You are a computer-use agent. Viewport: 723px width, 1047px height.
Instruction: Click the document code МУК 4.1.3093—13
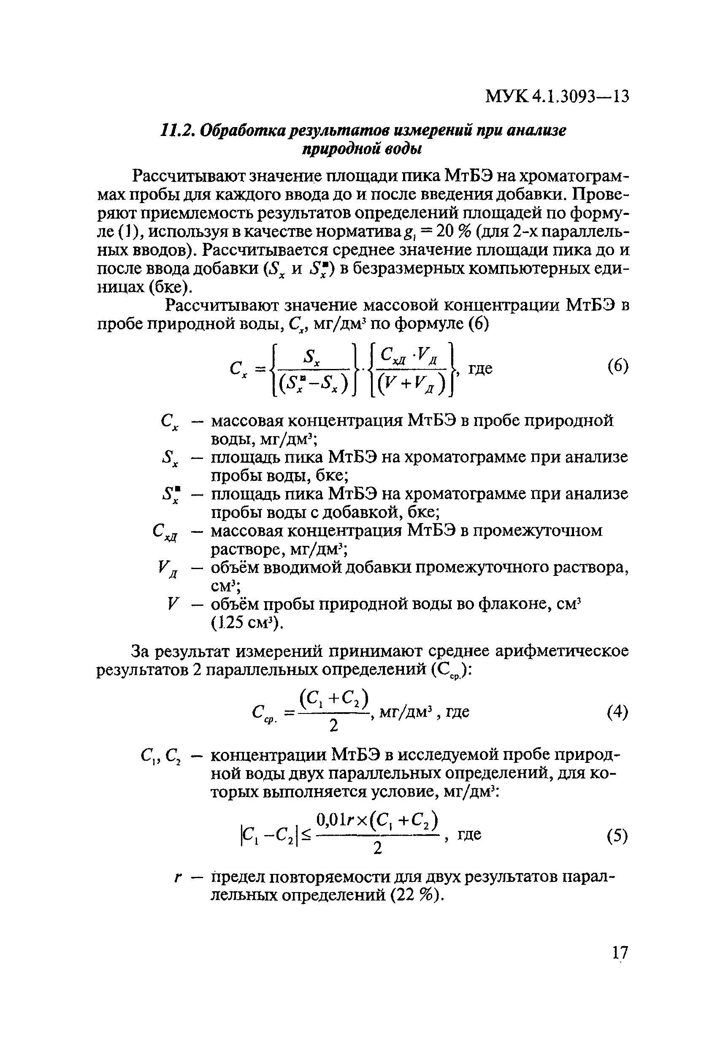click(x=557, y=97)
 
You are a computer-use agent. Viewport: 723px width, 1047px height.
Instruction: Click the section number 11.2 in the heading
click(x=177, y=131)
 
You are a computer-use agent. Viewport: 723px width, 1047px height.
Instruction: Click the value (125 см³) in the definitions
click(x=247, y=624)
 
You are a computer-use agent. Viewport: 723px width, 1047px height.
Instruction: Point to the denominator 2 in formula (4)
click(x=333, y=726)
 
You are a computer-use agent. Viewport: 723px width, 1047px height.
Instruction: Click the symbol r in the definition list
click(x=178, y=877)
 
